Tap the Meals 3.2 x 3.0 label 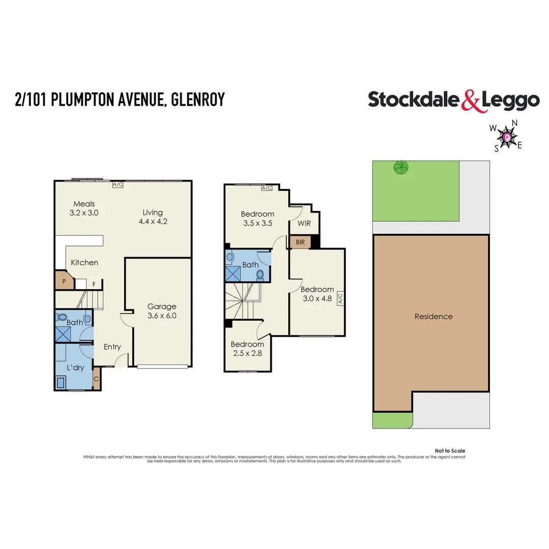pos(84,208)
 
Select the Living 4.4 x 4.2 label pos(152,217)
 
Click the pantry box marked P pos(64,281)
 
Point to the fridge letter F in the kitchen pos(94,284)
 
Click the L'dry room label pos(75,368)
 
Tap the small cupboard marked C pos(97,379)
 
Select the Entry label pos(112,347)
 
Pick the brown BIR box pos(300,242)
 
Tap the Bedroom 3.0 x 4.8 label pos(317,294)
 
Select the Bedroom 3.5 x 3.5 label pos(257,218)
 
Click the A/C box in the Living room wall pos(118,184)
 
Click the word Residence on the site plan pos(433,316)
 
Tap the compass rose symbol pos(506,136)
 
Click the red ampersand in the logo pos(470,100)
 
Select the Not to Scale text pos(450,451)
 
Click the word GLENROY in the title pos(198,100)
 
